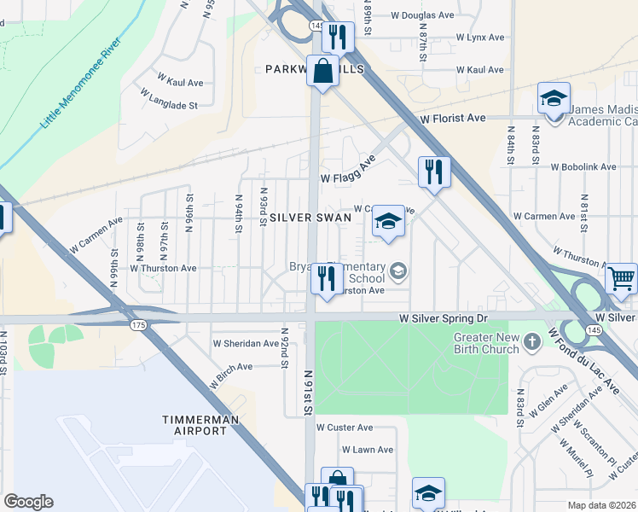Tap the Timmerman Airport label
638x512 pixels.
(x=195, y=425)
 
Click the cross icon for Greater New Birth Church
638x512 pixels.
(x=533, y=342)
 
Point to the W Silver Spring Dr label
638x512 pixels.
(x=444, y=317)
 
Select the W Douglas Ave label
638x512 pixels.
(x=422, y=15)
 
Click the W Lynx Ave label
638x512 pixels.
(x=480, y=38)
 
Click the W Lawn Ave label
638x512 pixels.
(x=368, y=450)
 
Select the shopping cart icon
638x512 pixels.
(x=622, y=277)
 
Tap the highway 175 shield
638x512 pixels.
(x=136, y=325)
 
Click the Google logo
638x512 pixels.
(x=28, y=502)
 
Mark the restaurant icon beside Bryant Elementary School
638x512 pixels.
(x=326, y=277)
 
